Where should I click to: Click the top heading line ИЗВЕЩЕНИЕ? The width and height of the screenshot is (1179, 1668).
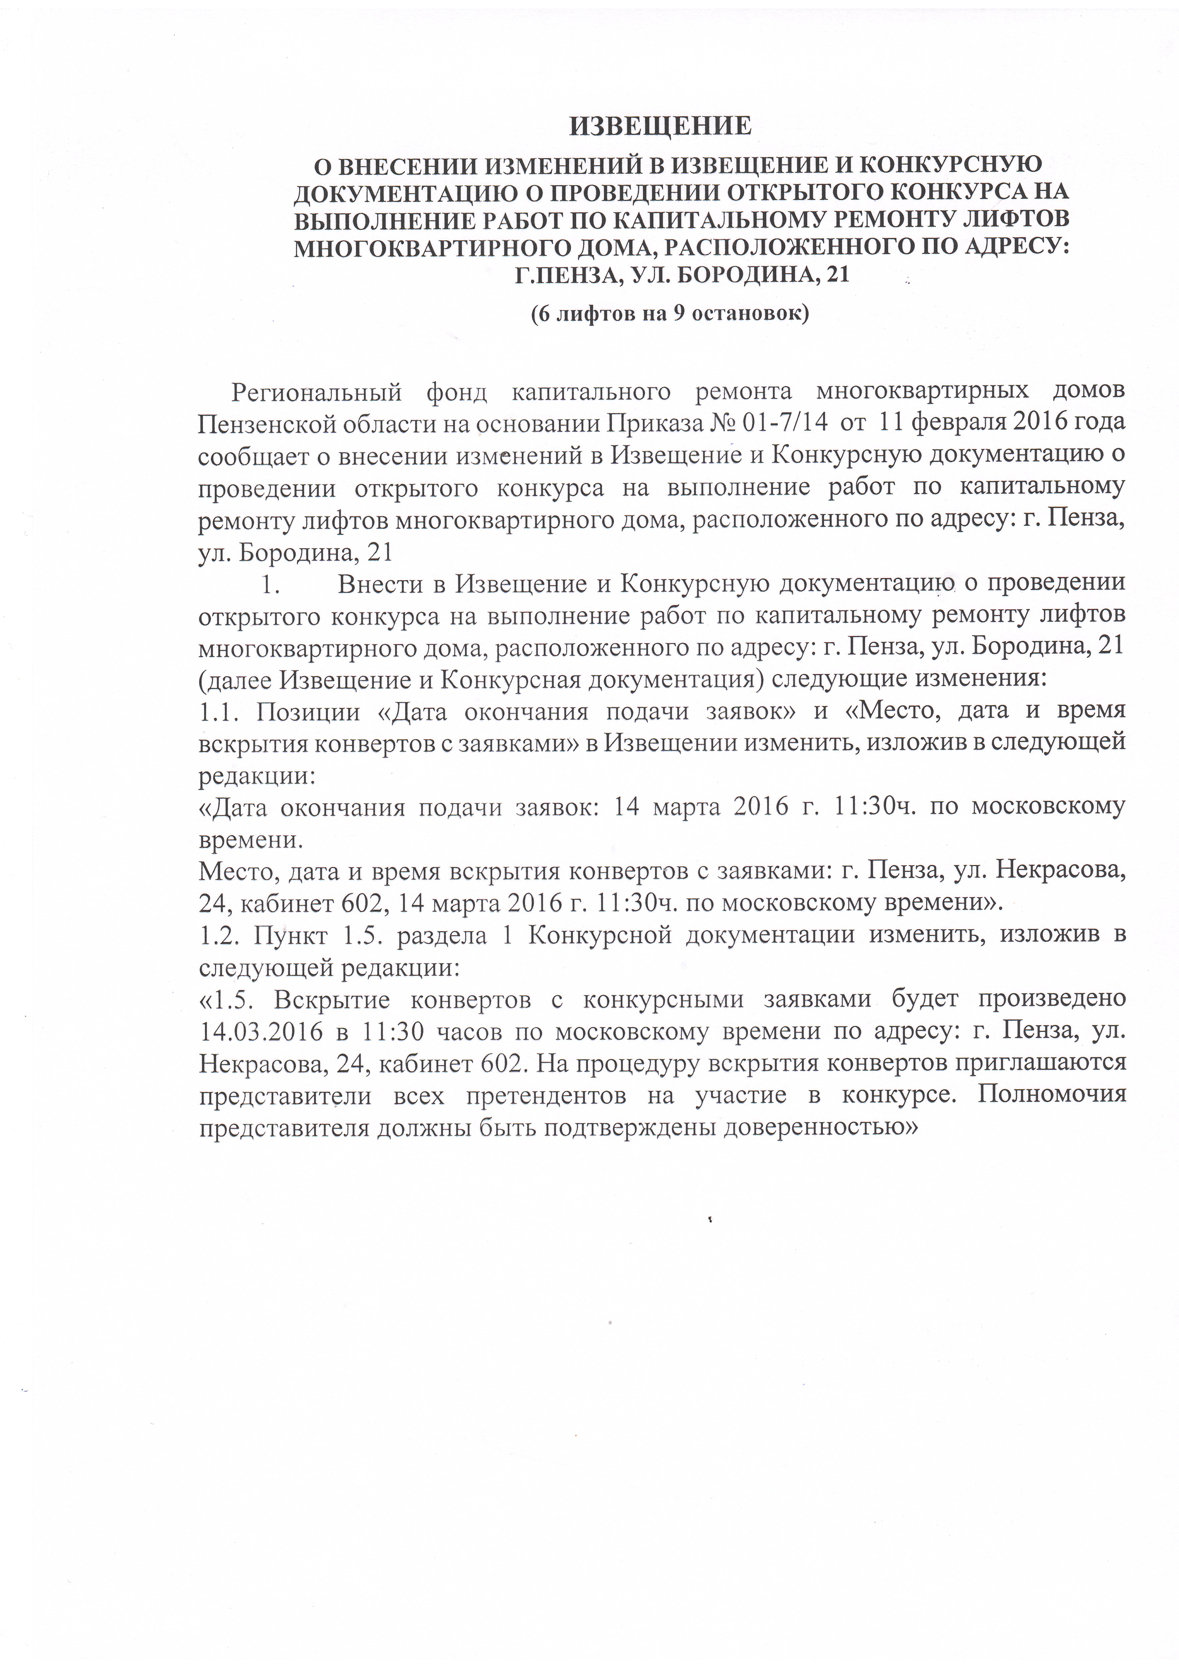coord(659,126)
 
